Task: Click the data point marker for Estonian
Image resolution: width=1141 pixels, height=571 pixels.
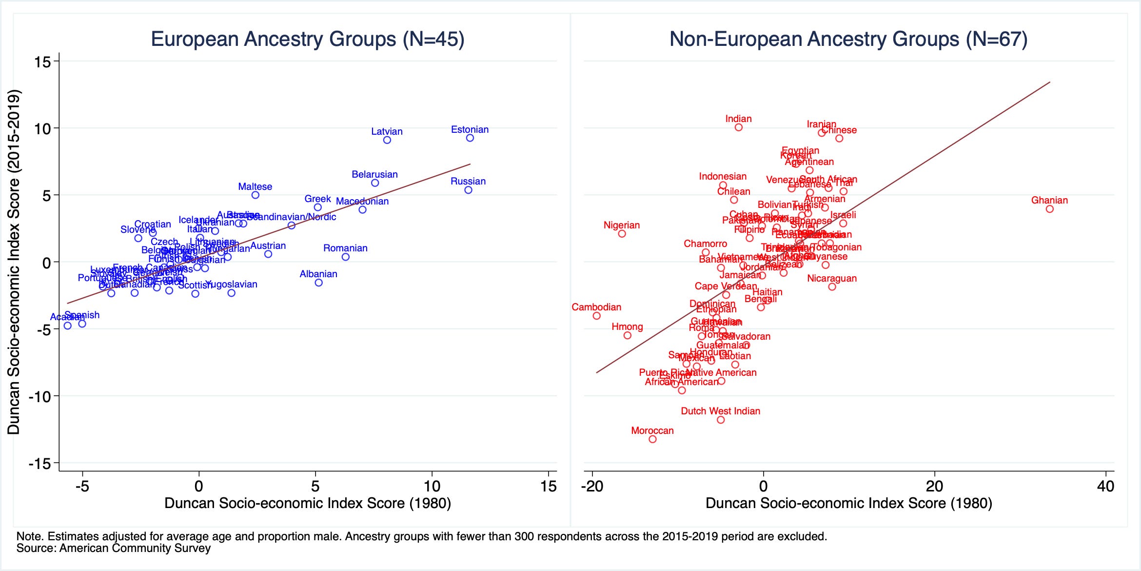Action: [x=470, y=138]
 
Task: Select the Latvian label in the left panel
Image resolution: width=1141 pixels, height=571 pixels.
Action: [x=387, y=131]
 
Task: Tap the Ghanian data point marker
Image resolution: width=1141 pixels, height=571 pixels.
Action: [x=1050, y=209]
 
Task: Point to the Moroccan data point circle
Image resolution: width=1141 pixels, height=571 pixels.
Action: [x=652, y=439]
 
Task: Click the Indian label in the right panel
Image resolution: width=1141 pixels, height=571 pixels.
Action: [x=738, y=119]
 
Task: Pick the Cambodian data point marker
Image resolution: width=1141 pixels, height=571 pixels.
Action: [x=596, y=316]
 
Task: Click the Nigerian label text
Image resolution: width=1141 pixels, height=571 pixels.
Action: [x=621, y=225]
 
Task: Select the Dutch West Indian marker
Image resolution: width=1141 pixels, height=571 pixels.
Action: [x=721, y=420]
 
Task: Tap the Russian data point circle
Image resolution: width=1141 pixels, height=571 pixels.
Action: [x=468, y=190]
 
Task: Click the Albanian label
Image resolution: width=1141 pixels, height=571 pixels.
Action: [x=318, y=274]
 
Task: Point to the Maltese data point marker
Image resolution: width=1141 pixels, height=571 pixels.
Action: [x=255, y=195]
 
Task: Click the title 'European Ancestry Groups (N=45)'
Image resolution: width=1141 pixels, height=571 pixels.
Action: [x=307, y=39]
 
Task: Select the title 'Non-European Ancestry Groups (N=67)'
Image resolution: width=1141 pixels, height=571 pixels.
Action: [x=848, y=39]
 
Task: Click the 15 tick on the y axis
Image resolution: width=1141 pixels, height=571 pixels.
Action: [x=43, y=62]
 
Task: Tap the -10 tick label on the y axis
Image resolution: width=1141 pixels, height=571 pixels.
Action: [x=40, y=396]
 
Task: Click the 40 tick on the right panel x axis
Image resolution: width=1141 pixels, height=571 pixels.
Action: [x=1105, y=487]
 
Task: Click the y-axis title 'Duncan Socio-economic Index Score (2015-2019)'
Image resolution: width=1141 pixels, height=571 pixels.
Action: [x=14, y=262]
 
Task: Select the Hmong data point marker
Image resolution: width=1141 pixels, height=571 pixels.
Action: [x=628, y=335]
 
